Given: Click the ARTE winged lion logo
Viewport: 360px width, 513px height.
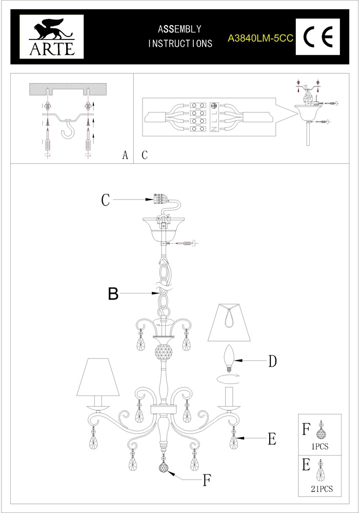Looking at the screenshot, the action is (52, 37).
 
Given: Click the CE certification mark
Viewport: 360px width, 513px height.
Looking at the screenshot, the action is (318, 36).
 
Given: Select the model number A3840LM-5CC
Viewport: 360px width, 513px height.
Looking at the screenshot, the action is (261, 38).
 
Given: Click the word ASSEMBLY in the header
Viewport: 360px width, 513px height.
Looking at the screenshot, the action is (180, 29).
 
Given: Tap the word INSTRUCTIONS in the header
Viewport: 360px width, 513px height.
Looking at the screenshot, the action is (180, 44).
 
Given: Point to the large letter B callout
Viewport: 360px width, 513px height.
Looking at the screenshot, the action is (113, 293).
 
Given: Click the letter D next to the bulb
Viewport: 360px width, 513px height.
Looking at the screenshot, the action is (272, 361).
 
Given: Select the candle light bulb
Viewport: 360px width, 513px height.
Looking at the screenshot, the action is (229, 358).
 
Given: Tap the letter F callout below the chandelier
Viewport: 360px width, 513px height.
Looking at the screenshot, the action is (206, 480).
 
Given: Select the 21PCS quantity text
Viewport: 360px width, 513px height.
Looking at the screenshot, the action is (322, 489).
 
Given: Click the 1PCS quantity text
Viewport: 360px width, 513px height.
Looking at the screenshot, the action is (320, 446).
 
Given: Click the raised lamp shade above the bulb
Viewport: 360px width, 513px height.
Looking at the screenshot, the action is (229, 323).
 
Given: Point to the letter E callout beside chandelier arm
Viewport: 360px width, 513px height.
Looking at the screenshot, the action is (272, 439).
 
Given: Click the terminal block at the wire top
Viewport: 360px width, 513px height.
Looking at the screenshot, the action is (157, 199).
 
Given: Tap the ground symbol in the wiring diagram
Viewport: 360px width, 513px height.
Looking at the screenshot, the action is (214, 106).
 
